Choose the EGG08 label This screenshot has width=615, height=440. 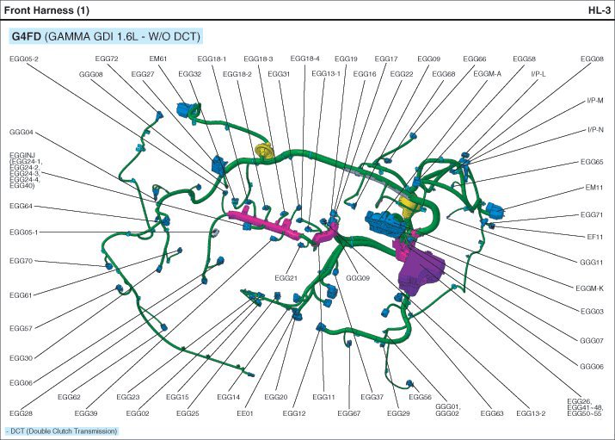pyautogui.click(x=592, y=59)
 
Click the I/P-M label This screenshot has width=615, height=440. pyautogui.click(x=594, y=100)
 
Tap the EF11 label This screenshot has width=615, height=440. pyautogui.click(x=594, y=234)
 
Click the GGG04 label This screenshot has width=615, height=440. pyautogui.click(x=22, y=133)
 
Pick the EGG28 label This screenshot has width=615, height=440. pyautogui.click(x=22, y=413)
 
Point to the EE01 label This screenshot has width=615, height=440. pyautogui.click(x=246, y=413)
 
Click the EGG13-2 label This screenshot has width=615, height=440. pyautogui.click(x=531, y=413)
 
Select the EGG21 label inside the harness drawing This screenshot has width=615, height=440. pyautogui.click(x=286, y=278)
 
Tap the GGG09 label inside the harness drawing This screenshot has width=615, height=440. pyautogui.click(x=358, y=278)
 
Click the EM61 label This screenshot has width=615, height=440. pyautogui.click(x=157, y=59)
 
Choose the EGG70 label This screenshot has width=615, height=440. pyautogui.click(x=22, y=260)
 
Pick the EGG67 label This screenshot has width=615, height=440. pyautogui.click(x=349, y=413)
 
